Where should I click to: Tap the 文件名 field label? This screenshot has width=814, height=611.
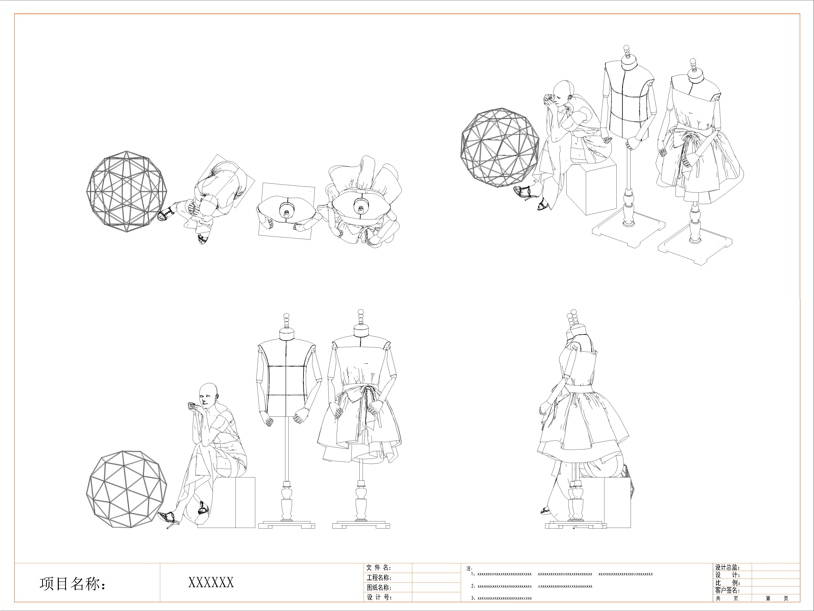[x=379, y=568]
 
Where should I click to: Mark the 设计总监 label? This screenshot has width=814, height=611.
[x=728, y=568]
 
